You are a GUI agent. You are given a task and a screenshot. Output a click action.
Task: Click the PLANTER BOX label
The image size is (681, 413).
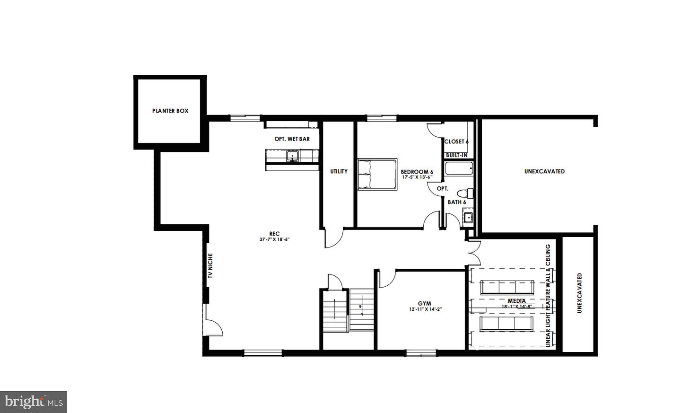pos(170,111)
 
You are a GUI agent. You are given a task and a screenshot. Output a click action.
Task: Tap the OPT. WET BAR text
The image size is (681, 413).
pos(292,139)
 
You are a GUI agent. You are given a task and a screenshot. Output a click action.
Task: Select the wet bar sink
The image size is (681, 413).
pos(292,156)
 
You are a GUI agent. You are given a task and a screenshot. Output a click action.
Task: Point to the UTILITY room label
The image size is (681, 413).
pos(339,172)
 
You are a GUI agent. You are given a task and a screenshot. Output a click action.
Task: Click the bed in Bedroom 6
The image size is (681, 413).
pos(377,174)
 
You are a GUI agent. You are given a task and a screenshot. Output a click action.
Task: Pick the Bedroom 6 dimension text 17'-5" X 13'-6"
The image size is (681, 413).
pos(417,177)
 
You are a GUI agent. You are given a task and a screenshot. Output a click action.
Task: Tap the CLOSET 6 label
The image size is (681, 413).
pos(456,142)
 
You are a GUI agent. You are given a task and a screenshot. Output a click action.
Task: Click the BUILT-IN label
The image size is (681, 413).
pos(457,155)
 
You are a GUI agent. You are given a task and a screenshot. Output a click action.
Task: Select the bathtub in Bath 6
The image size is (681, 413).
pos(459,168)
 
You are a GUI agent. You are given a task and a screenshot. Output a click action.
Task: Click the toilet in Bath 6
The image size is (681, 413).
pos(465,193)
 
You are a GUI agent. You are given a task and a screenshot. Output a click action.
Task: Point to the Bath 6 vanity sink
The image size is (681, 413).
pos(468,217)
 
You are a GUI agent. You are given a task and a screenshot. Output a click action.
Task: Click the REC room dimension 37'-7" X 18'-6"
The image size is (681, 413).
pos(274,239)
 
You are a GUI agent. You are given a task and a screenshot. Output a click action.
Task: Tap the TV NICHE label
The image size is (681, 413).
pos(210,266)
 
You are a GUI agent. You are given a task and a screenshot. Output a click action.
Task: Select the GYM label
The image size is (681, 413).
pos(424,304)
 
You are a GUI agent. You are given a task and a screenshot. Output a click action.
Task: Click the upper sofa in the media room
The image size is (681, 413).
pos(507,288)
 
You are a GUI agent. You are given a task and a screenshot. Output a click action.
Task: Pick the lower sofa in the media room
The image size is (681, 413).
pos(506,324)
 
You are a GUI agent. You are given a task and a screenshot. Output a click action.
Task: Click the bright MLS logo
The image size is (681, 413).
pos(34,402)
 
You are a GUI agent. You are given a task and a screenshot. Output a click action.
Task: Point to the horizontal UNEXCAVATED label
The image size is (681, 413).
pos(544,172)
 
